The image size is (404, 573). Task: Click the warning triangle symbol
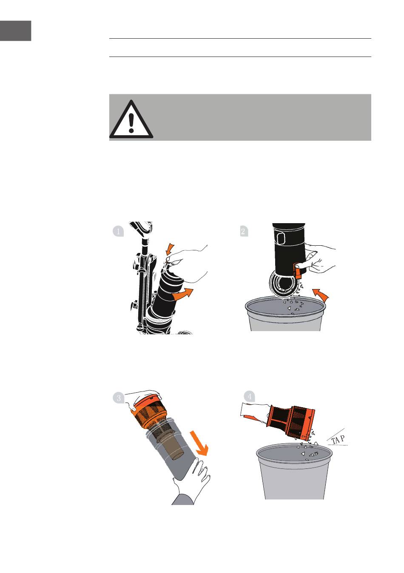pos(131,119)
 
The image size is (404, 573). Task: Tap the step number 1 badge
pos(118,231)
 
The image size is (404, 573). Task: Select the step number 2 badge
pos(244,232)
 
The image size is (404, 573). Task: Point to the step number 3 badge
pos(119,398)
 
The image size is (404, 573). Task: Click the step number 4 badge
pos(250,397)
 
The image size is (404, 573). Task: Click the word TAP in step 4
pos(338,440)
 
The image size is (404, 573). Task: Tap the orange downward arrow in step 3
pos(199,443)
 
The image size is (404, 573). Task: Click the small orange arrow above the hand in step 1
pos(170,249)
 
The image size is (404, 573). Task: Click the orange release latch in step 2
pos(298,271)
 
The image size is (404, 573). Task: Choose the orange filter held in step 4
pos(290,422)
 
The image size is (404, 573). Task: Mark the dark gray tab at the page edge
pos(16,31)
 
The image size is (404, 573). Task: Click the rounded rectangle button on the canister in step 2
pos(280,238)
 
